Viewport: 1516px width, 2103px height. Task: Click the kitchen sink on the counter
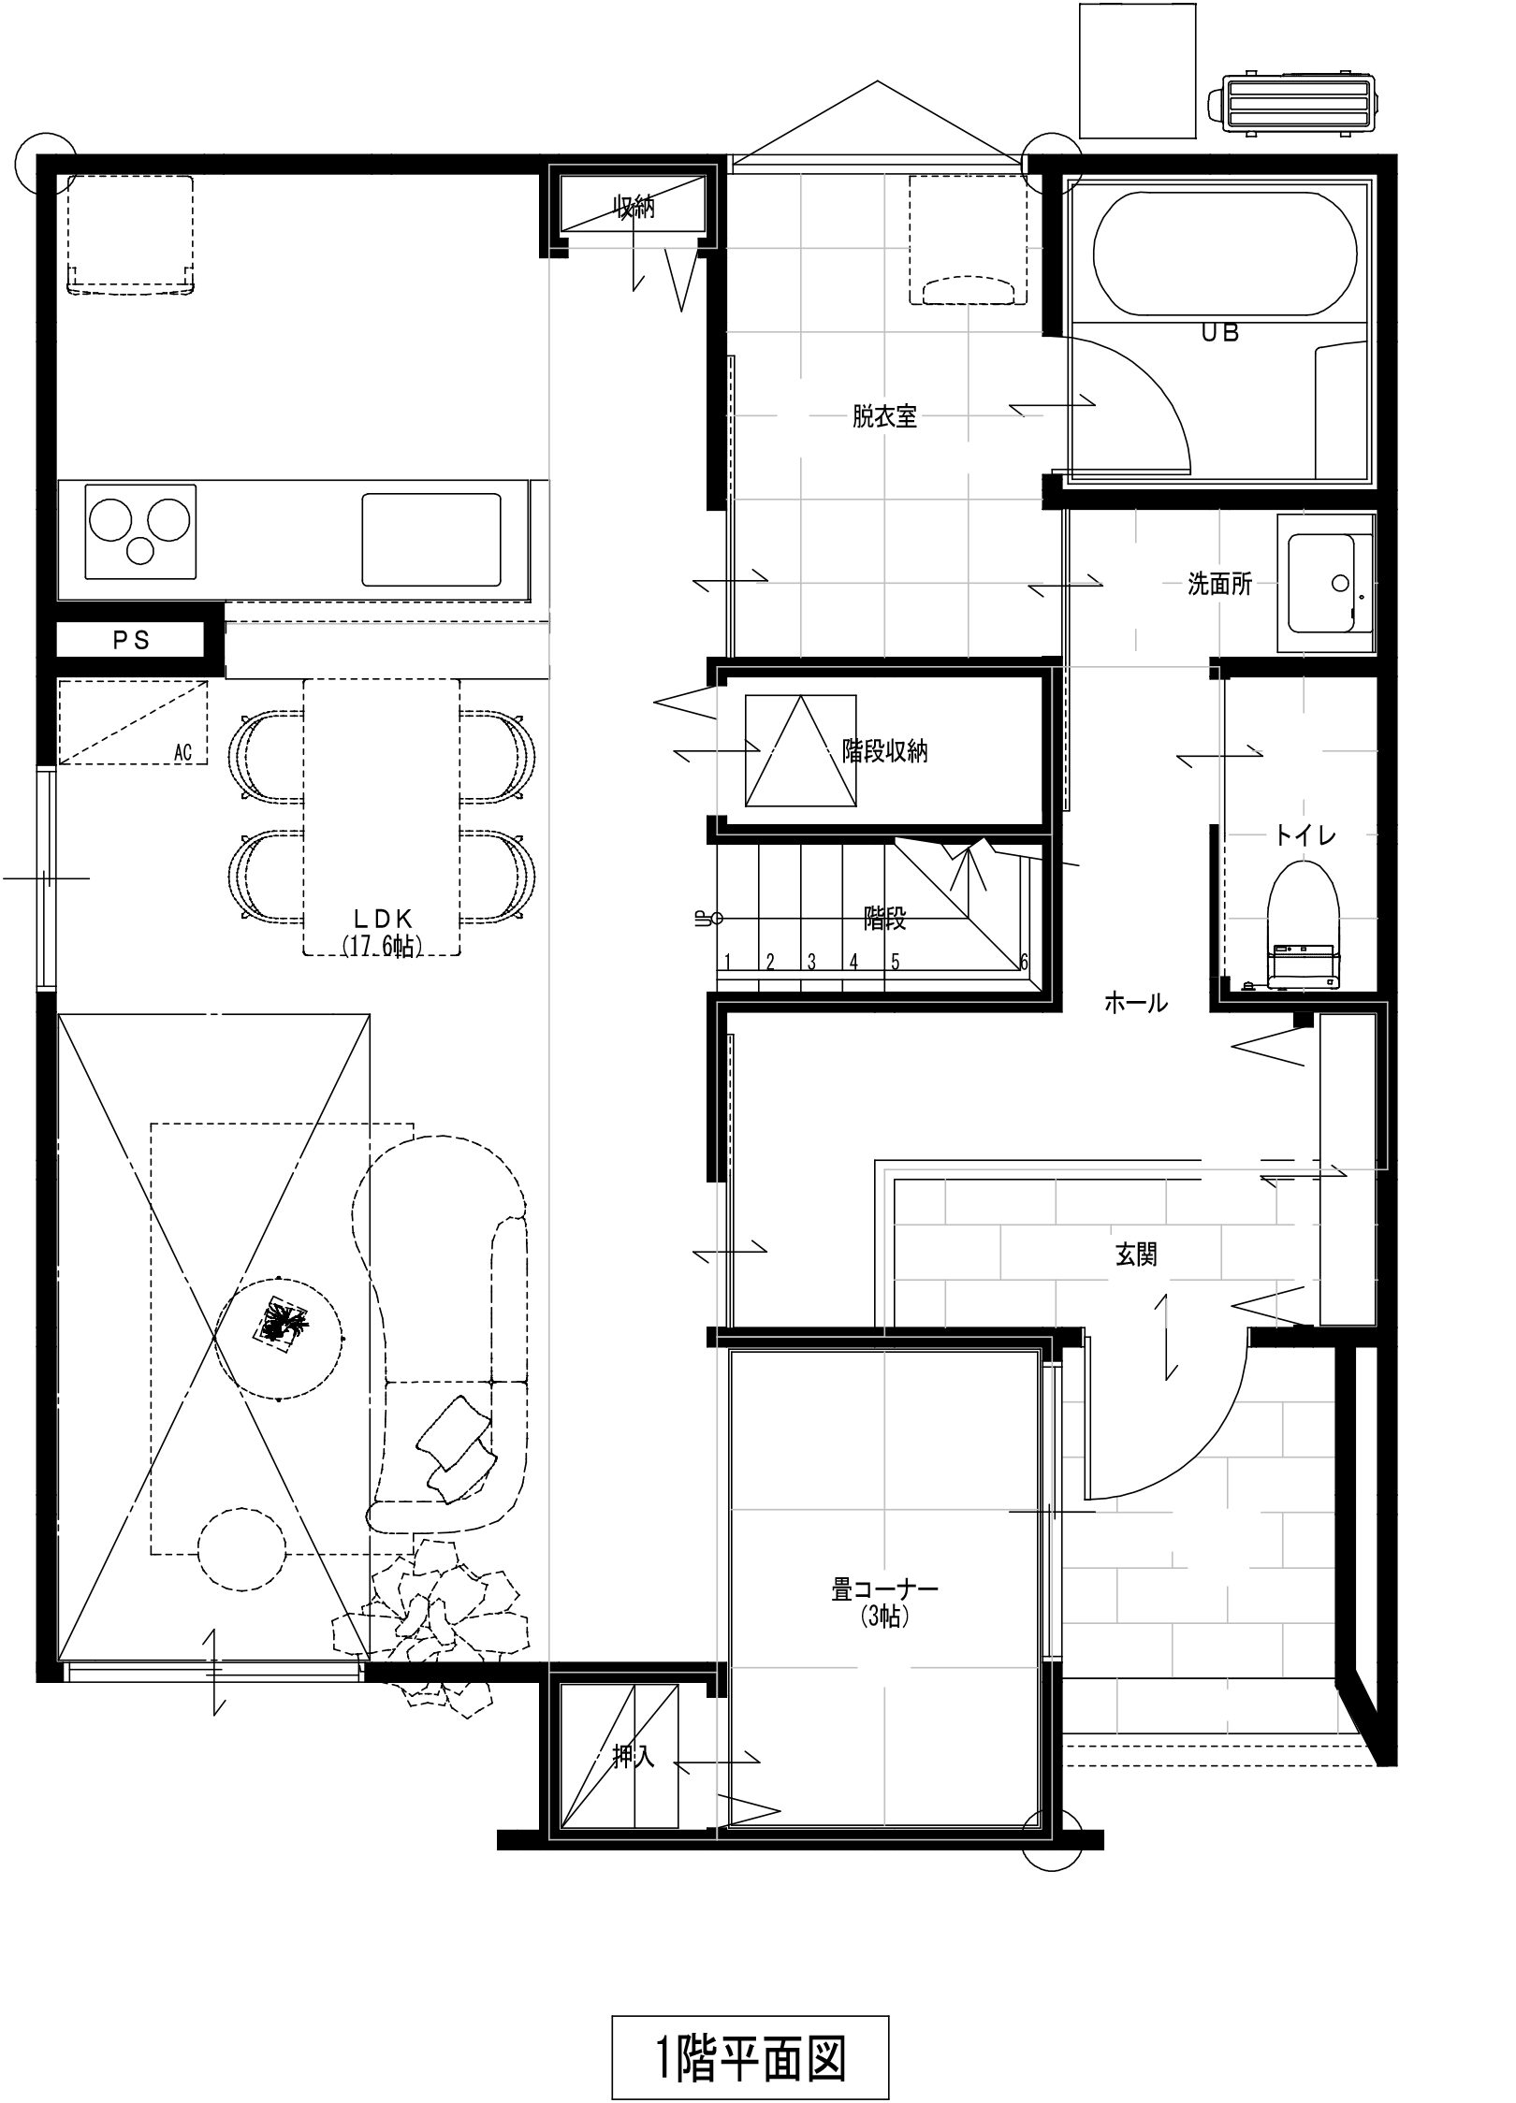point(431,541)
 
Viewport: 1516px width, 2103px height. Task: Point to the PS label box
point(131,641)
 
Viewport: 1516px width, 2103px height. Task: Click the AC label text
point(182,752)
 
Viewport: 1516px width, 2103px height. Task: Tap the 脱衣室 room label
point(884,416)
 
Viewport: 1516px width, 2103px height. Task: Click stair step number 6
point(1024,961)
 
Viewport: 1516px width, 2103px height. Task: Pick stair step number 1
point(726,961)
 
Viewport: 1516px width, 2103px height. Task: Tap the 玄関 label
point(1136,1255)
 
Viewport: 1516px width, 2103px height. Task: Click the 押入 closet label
point(634,1757)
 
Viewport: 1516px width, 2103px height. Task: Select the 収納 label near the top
point(634,207)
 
